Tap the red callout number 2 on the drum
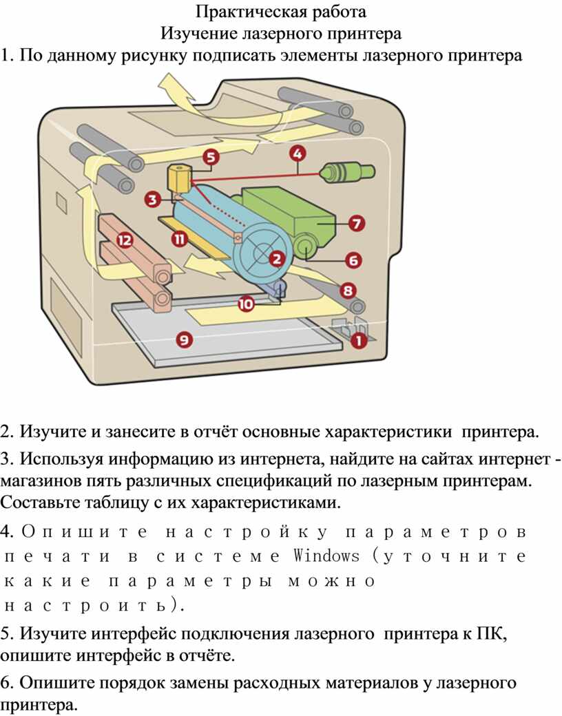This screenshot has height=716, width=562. pos(276,260)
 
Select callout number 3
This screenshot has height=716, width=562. pos(153,200)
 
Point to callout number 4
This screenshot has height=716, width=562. pos(297,153)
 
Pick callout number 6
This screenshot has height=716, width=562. pos(352,260)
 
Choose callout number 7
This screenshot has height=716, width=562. pos(356,223)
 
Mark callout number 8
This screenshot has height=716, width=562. pos(348,291)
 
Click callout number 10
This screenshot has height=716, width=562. pos(246,303)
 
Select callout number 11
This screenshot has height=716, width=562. pos(180,239)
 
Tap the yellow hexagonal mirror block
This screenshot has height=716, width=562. pos(179,178)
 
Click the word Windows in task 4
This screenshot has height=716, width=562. pos(326,556)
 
